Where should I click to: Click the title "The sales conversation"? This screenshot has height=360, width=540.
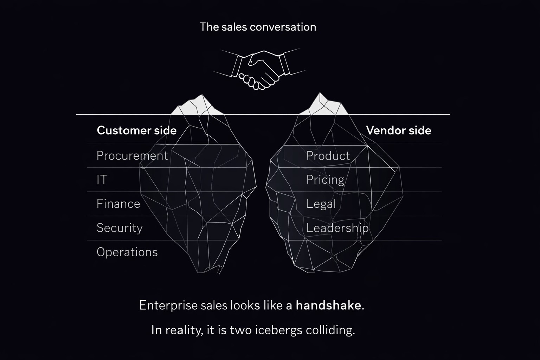[258, 27]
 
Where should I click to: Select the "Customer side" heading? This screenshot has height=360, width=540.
[136, 130]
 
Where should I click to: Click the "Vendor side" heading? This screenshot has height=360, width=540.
[398, 130]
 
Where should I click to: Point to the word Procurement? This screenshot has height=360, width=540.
[132, 156]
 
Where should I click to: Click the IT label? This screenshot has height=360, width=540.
[102, 180]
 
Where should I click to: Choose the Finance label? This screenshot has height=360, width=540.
[118, 204]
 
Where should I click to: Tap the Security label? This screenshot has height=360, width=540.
[120, 228]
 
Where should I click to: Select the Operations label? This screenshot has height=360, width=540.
[127, 252]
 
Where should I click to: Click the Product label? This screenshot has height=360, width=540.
[328, 156]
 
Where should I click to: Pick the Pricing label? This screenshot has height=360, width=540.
[325, 180]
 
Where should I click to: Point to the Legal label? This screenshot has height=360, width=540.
[321, 204]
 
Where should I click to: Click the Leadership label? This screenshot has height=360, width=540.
[337, 228]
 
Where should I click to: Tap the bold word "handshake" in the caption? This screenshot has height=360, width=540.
[328, 305]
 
